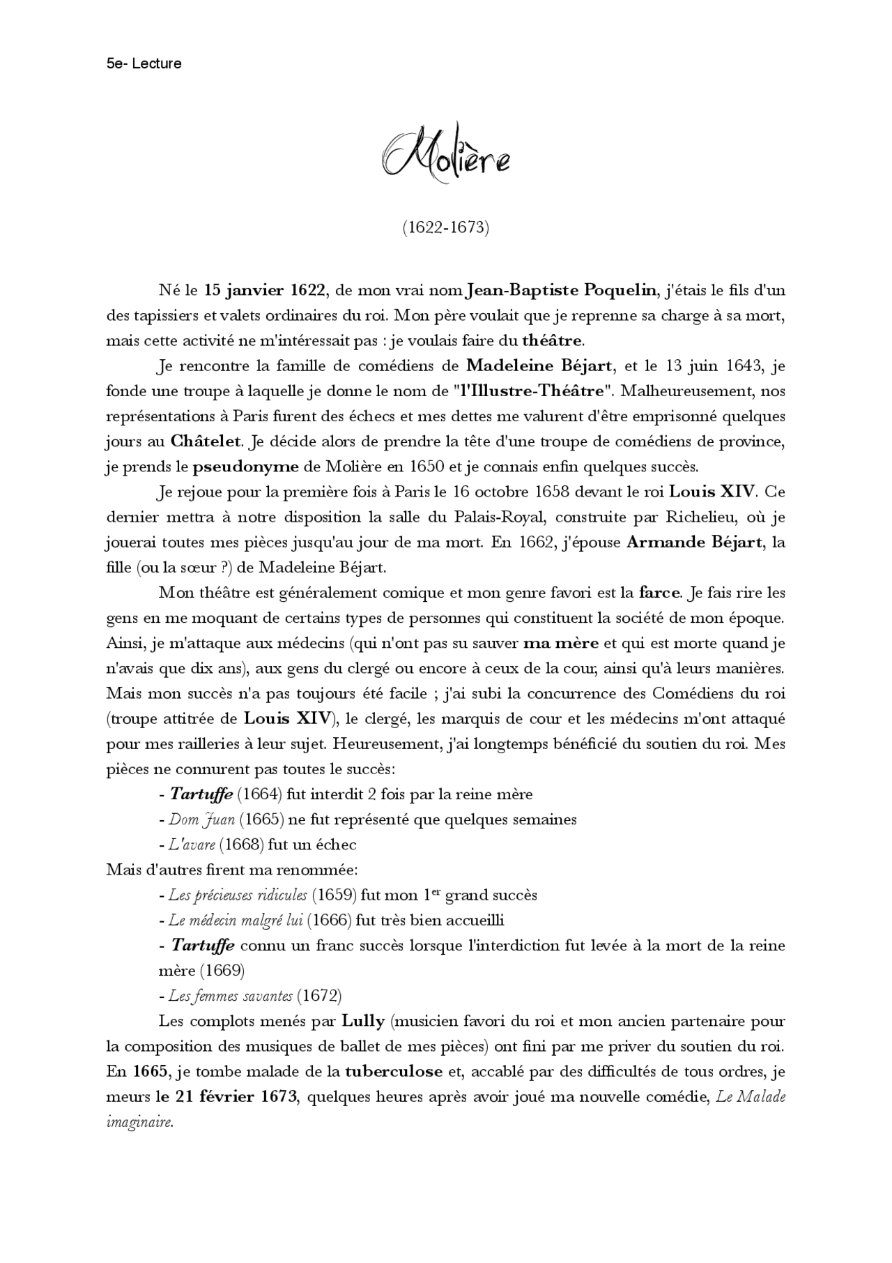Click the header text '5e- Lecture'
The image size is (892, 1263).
click(x=144, y=63)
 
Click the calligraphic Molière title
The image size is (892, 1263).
click(x=446, y=157)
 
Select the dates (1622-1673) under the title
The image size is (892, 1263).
click(x=446, y=227)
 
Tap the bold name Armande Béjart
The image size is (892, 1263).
click(x=694, y=542)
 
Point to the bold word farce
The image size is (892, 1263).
click(x=659, y=593)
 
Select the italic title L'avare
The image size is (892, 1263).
click(x=192, y=845)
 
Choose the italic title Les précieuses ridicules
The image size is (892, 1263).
click(x=238, y=895)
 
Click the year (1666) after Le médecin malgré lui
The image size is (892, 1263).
click(x=329, y=920)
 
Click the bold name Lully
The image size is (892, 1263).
click(x=363, y=1021)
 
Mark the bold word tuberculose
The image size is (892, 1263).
click(x=394, y=1071)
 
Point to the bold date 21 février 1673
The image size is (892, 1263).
click(x=228, y=1096)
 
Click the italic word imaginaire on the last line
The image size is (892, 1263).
click(x=139, y=1122)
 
